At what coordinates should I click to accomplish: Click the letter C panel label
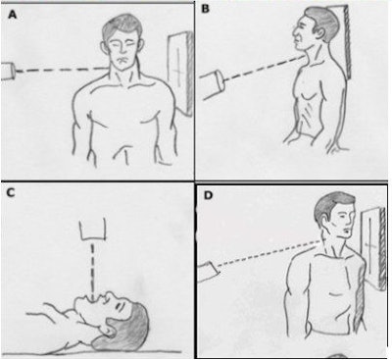click(11, 193)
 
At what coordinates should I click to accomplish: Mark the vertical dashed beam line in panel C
click(94, 270)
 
